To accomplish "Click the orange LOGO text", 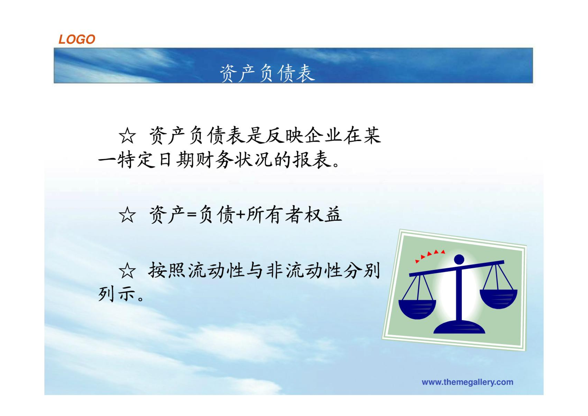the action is coord(77,39).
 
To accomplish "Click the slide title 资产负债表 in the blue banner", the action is coord(267,73).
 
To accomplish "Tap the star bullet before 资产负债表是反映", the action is coord(127,136).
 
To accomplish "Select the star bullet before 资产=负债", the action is coord(127,215).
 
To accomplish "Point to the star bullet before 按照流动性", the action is coord(127,271).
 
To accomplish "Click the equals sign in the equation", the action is coord(192,215).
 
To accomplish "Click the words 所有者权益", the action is coord(294,215).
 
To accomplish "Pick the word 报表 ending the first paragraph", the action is coord(312,159).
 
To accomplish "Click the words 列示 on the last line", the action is coord(117,294).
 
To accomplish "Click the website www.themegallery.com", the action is coord(467,382).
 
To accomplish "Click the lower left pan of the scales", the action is coord(417,310).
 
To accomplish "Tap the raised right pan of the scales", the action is coord(498,299).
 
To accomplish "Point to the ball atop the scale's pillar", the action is coord(459,259).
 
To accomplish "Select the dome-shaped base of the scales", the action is coord(459,327).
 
